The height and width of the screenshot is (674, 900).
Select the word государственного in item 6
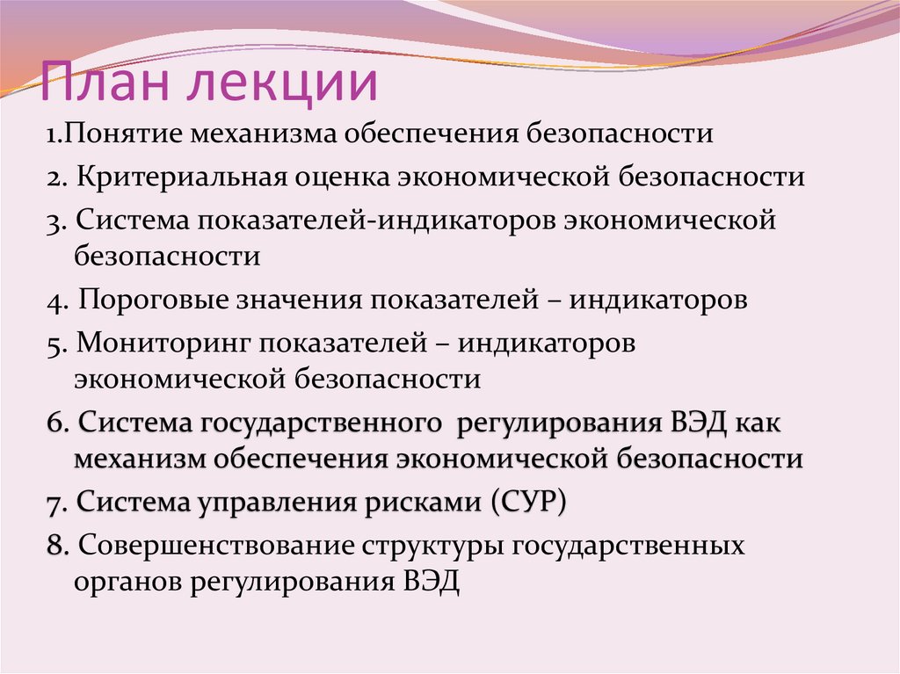click(x=321, y=423)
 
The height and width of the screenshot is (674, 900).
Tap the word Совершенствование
click(x=214, y=546)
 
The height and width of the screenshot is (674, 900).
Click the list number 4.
click(x=54, y=301)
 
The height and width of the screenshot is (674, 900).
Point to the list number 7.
click(x=54, y=504)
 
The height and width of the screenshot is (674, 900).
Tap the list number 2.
click(x=54, y=178)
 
